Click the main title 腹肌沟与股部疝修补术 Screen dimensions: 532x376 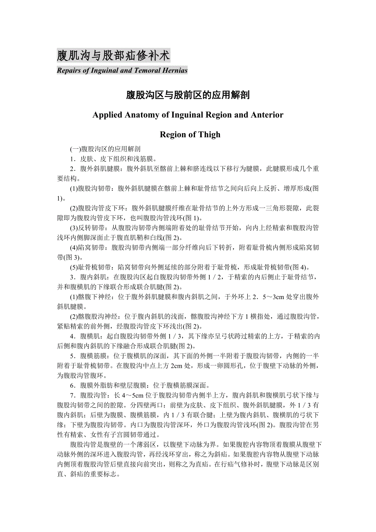(113, 55)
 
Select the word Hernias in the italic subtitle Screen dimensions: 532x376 (175, 70)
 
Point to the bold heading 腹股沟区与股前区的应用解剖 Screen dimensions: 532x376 (188, 96)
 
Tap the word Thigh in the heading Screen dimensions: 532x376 (210, 134)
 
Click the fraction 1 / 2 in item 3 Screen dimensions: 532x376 (214, 277)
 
